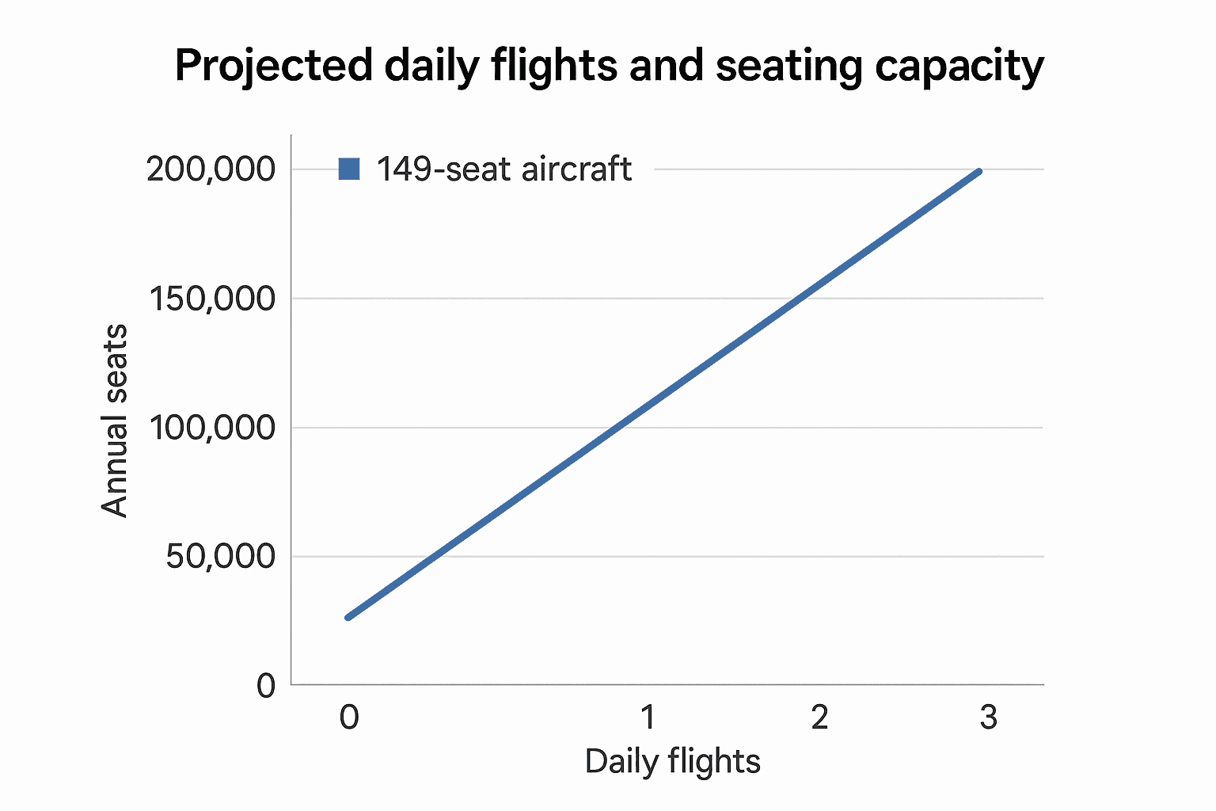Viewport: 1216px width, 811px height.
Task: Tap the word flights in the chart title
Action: point(553,66)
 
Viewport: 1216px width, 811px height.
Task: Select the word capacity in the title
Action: point(959,67)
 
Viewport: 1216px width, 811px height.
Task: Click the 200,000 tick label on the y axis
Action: point(211,169)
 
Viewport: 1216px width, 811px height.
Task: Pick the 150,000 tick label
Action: point(211,299)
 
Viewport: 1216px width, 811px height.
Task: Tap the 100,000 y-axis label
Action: point(211,428)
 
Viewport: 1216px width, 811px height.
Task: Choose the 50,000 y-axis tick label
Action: point(220,557)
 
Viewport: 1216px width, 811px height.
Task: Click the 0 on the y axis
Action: point(266,686)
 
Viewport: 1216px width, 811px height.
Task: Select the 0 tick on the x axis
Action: point(349,718)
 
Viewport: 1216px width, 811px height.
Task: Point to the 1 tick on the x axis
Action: point(648,718)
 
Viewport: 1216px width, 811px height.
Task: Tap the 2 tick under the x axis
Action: point(819,718)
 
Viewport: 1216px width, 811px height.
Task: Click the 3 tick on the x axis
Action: point(988,718)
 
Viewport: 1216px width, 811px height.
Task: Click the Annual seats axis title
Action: point(116,421)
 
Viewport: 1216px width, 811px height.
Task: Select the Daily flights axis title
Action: point(672,762)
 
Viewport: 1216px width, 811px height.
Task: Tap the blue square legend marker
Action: point(349,169)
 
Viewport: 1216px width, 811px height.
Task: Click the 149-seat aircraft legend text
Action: point(503,169)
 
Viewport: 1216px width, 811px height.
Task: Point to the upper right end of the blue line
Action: point(979,171)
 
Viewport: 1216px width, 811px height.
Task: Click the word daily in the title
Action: point(431,67)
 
